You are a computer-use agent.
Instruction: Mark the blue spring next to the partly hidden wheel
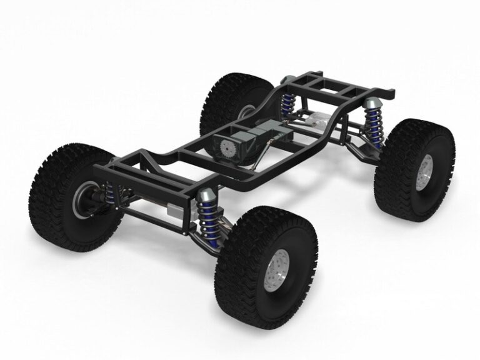(288, 103)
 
